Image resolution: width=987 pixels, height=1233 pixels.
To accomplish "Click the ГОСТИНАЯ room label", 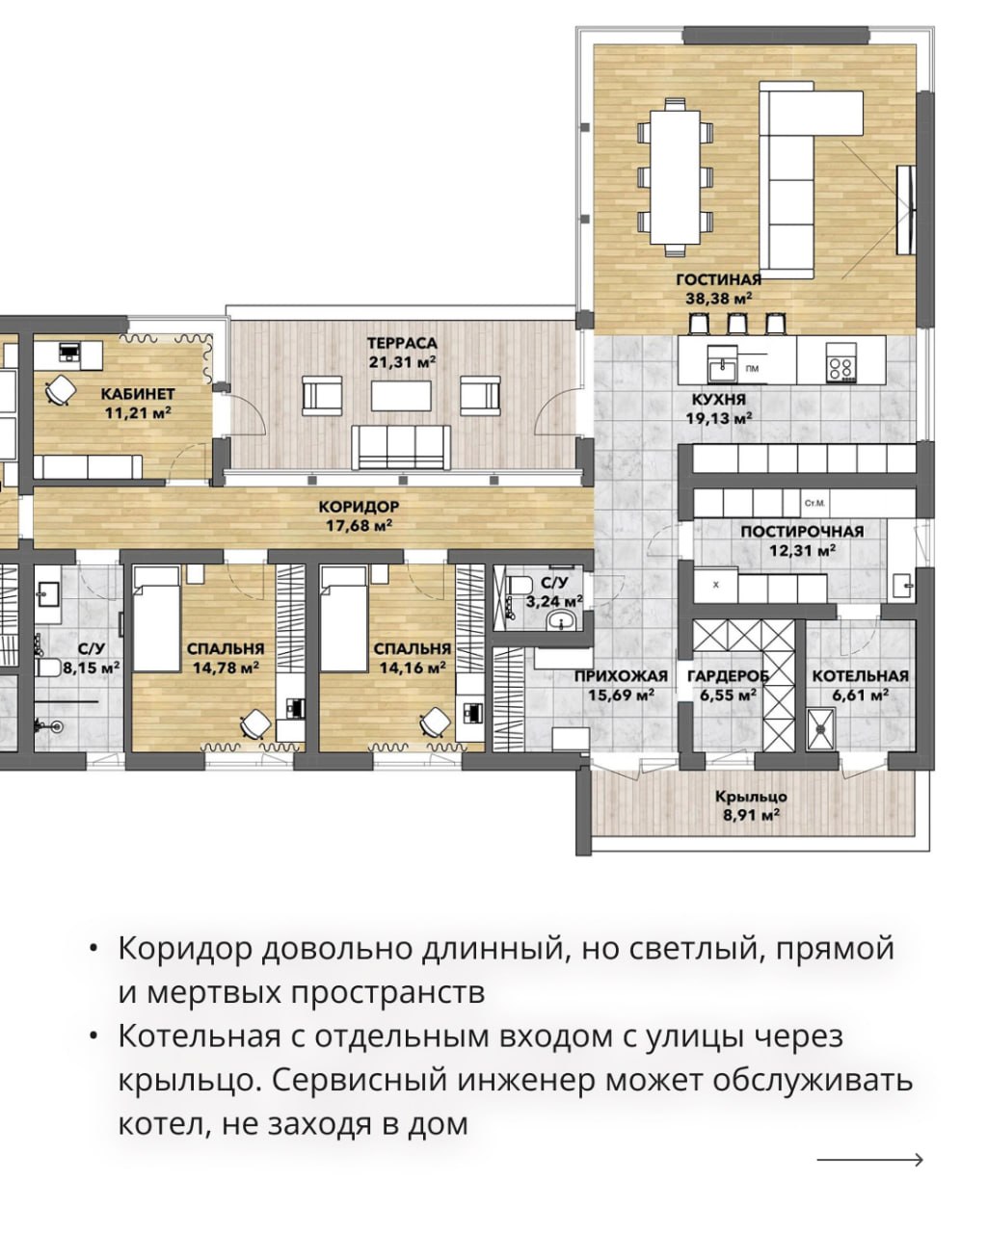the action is click(x=719, y=279).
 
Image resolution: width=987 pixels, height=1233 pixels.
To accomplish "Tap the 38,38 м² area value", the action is click(x=719, y=298).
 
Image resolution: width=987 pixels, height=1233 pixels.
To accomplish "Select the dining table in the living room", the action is click(x=675, y=176).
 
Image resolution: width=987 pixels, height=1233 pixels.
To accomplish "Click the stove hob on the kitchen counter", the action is click(x=840, y=362).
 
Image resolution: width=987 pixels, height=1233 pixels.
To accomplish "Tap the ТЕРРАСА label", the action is click(x=402, y=343).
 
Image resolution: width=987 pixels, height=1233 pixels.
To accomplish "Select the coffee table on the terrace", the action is click(x=401, y=395).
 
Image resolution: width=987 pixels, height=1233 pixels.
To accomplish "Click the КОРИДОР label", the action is click(x=359, y=507).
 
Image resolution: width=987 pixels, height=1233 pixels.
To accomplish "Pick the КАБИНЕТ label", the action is click(x=138, y=394).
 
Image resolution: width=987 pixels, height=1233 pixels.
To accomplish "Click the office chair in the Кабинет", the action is click(x=61, y=391).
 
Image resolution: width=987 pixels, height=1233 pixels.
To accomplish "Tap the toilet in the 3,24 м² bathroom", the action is click(x=519, y=586).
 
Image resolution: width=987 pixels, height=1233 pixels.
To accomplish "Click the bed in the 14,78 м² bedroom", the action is click(x=156, y=618).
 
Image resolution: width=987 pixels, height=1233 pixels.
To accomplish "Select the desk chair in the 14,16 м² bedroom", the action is click(x=436, y=723).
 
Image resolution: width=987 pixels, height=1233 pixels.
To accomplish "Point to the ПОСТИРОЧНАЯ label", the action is click(x=802, y=531).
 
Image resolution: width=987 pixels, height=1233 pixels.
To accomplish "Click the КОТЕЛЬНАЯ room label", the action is click(x=861, y=676).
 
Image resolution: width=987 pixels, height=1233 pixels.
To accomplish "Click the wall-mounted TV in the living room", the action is click(x=905, y=210).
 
